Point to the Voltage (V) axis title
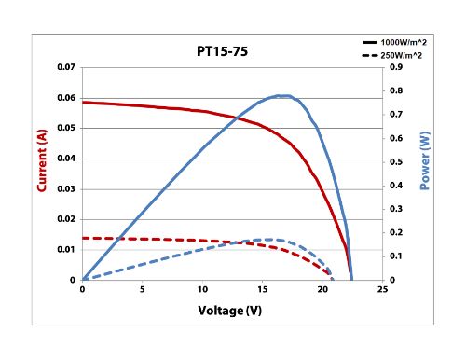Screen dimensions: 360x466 pyautogui.click(x=234, y=308)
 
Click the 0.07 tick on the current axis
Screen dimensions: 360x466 pyautogui.click(x=66, y=68)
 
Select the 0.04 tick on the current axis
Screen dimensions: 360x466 pyautogui.click(x=66, y=159)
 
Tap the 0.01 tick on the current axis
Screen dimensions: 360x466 pyautogui.click(x=66, y=249)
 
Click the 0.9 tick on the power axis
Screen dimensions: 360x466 pyautogui.click(x=396, y=68)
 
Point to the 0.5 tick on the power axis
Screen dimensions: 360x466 pyautogui.click(x=396, y=162)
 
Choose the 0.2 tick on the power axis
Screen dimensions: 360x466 pyautogui.click(x=396, y=232)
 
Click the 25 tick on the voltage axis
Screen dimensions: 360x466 pyautogui.click(x=382, y=290)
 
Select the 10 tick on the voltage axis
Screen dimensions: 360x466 pyautogui.click(x=202, y=290)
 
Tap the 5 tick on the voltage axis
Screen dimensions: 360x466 pyautogui.click(x=143, y=290)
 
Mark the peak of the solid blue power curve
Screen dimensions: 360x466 pyautogui.click(x=282, y=95)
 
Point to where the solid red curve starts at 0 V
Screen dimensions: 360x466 pyautogui.click(x=83, y=103)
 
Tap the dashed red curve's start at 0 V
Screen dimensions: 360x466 pyautogui.click(x=83, y=238)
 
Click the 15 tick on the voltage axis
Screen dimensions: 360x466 pyautogui.click(x=263, y=290)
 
